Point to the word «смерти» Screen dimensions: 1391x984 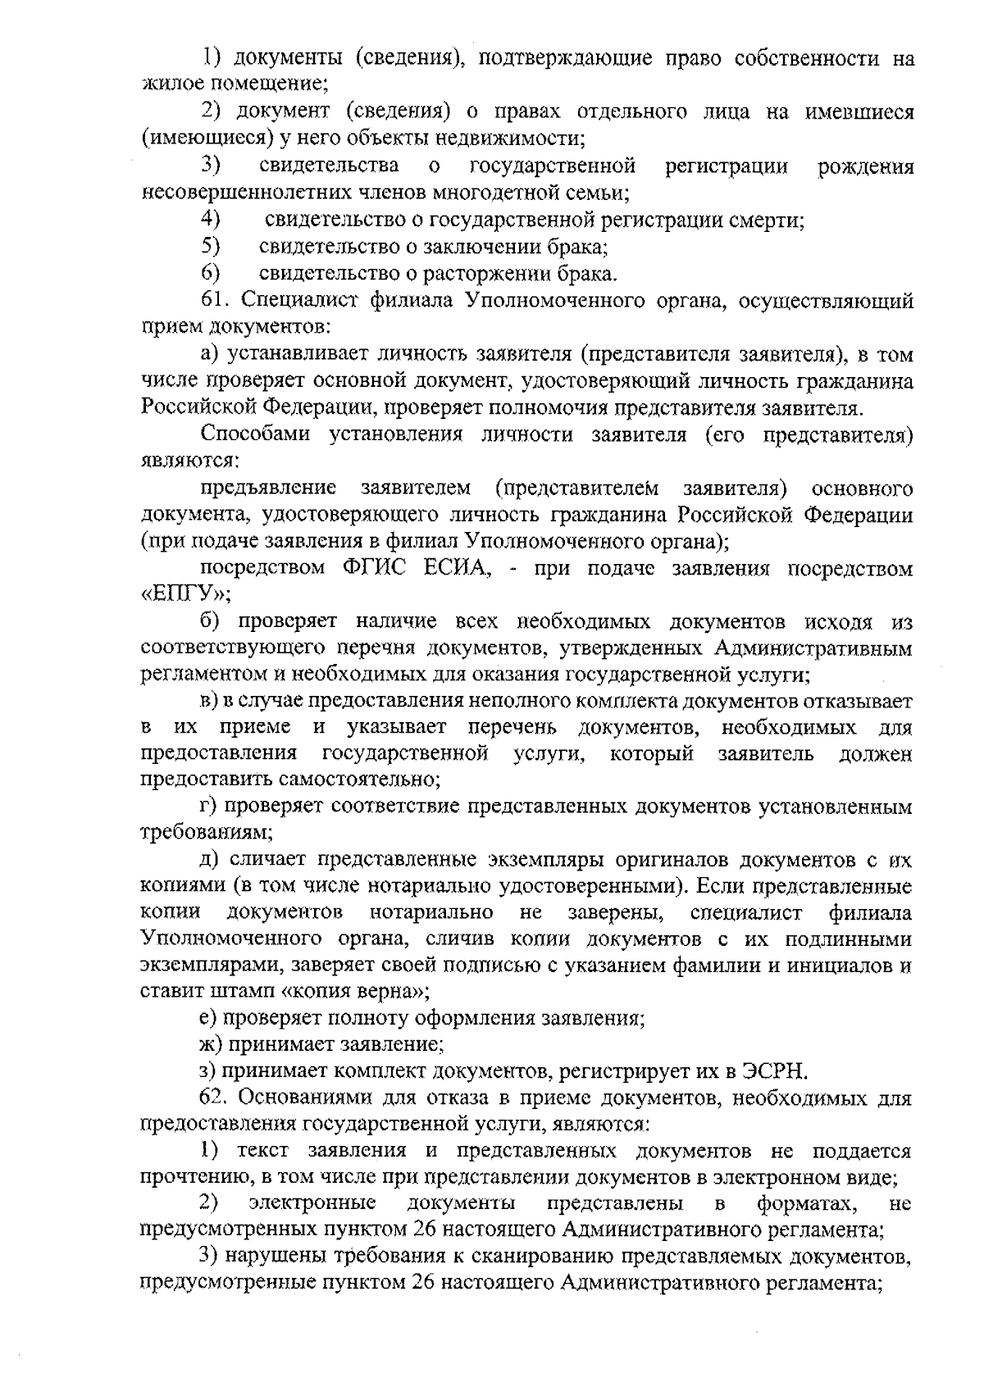pos(772,220)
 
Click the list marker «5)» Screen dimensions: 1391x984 pos(212,246)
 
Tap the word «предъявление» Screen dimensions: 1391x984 pos(269,489)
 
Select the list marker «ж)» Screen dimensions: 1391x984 pos(212,1044)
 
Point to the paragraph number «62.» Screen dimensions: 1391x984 pos(216,1098)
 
